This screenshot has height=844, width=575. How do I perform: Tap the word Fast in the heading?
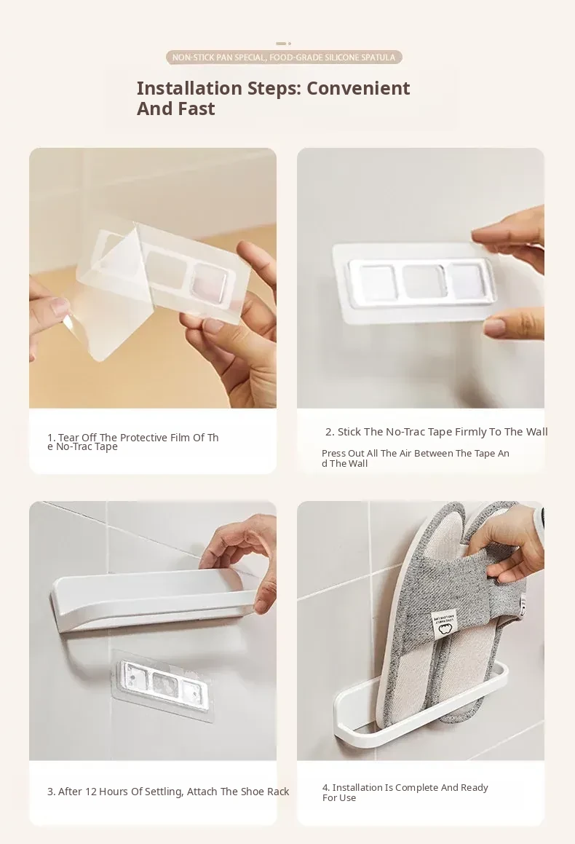click(x=197, y=109)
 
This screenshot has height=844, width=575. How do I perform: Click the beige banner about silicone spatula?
click(x=284, y=57)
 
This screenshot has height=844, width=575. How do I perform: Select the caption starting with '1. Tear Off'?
click(x=133, y=442)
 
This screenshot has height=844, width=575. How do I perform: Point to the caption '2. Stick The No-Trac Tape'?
click(x=436, y=432)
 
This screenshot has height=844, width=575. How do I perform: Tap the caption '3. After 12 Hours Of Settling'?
click(x=168, y=792)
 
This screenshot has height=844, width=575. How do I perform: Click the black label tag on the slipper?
click(x=444, y=625)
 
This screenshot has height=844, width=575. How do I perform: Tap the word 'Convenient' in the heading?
click(x=358, y=87)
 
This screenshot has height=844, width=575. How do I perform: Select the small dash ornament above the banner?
click(x=283, y=44)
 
